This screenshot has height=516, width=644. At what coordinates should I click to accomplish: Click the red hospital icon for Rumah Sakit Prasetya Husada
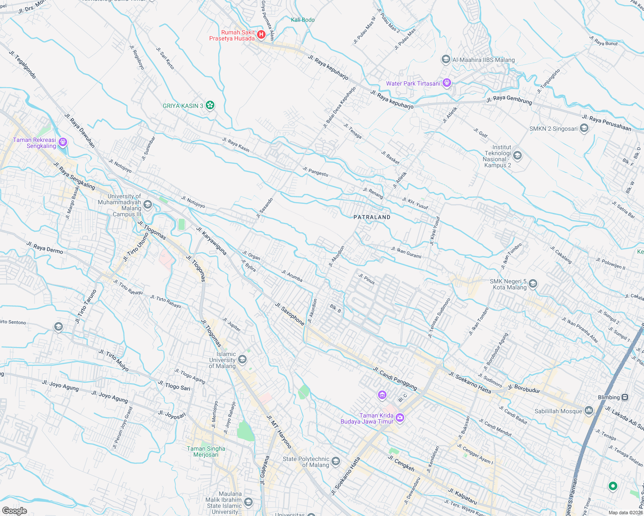(261, 34)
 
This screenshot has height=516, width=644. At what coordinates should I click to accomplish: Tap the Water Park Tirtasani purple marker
(447, 83)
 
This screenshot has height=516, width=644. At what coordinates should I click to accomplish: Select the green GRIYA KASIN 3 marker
(210, 105)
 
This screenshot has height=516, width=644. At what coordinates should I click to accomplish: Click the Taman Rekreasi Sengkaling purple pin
(62, 142)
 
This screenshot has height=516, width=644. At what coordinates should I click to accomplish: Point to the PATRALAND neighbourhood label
(372, 217)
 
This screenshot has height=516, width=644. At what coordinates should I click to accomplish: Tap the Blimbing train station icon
(625, 397)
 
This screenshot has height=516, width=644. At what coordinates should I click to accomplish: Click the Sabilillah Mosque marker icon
(588, 411)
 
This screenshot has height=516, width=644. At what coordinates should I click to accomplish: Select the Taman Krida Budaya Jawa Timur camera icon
(400, 418)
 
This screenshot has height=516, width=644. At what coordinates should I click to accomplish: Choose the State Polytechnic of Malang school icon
(336, 462)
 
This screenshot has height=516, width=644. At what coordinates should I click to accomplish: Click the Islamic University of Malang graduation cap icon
(242, 359)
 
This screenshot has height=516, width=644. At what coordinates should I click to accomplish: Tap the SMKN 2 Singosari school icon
(584, 128)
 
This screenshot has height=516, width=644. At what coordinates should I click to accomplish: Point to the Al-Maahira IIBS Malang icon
(446, 59)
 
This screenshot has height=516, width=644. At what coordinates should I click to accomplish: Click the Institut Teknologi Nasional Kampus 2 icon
(517, 156)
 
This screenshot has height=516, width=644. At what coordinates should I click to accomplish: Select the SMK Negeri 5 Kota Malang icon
(533, 284)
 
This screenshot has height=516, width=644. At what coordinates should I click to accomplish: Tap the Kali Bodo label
(303, 20)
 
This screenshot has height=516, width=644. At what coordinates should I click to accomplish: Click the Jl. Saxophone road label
(290, 314)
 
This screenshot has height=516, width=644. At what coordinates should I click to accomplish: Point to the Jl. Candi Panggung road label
(395, 378)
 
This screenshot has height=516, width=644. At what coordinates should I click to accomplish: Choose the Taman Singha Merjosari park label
(206, 451)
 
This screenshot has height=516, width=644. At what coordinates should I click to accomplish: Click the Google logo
(14, 511)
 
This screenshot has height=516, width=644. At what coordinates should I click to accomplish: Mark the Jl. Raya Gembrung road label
(509, 100)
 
